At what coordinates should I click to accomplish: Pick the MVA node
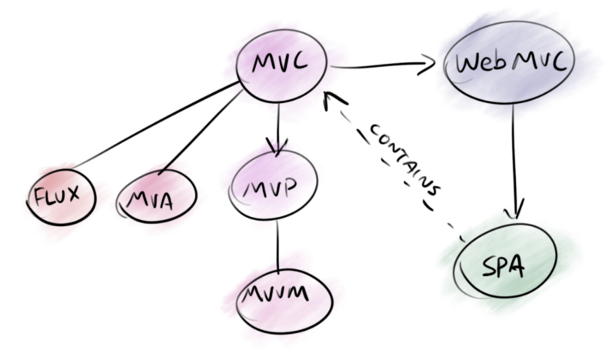(x=156, y=198)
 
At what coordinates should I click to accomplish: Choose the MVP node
(x=274, y=187)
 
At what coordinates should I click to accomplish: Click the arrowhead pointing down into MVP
(x=276, y=146)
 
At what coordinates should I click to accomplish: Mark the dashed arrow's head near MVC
(x=329, y=98)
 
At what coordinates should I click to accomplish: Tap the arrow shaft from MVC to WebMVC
(x=377, y=67)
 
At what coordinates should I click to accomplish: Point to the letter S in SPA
(x=487, y=267)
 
